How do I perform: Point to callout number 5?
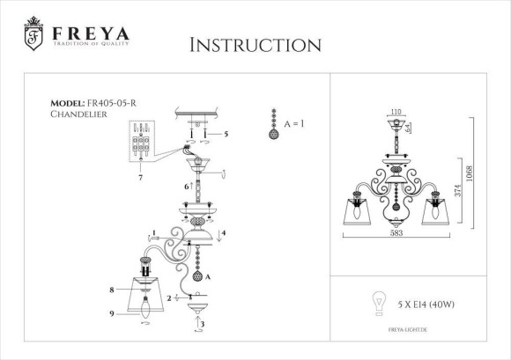click(x=226, y=134)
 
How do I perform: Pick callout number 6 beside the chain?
click(x=186, y=187)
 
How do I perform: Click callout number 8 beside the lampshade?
click(x=112, y=290)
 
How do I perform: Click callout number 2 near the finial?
click(x=168, y=298)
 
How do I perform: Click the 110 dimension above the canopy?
click(x=396, y=113)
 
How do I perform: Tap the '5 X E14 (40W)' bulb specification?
click(x=420, y=304)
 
